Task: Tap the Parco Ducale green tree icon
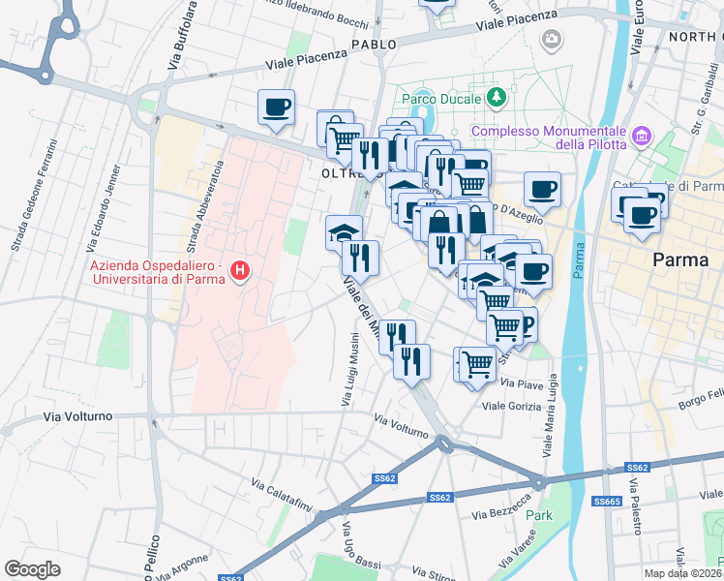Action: (497, 98)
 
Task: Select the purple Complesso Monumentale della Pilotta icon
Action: (641, 137)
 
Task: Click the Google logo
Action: (32, 568)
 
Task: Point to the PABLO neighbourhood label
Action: (374, 45)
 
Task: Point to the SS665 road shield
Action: (607, 501)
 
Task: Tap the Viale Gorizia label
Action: (511, 406)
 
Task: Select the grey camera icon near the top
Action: (551, 40)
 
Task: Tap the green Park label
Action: (538, 515)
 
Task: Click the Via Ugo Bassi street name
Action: (352, 549)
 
